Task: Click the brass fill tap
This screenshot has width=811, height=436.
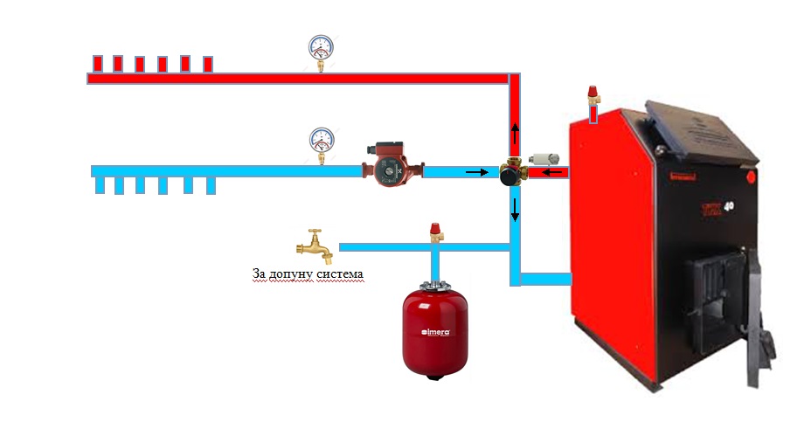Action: pyautogui.click(x=315, y=245)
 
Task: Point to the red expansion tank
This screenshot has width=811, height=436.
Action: pyautogui.click(x=433, y=327)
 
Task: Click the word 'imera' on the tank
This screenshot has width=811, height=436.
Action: pyautogui.click(x=436, y=332)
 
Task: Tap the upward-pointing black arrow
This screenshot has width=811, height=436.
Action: pyautogui.click(x=515, y=131)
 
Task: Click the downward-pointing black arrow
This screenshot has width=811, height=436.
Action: pyautogui.click(x=516, y=210)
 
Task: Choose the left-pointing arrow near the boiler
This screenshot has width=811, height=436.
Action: pyautogui.click(x=551, y=172)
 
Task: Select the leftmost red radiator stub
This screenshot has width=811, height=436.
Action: pyautogui.click(x=98, y=64)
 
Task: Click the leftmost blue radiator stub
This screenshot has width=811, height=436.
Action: pyautogui.click(x=98, y=184)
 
